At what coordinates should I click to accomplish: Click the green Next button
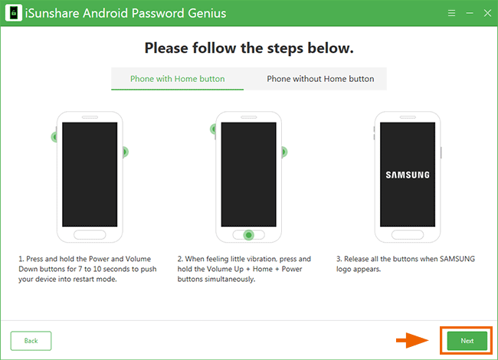point(467,341)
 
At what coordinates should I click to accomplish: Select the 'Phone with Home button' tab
point(177,79)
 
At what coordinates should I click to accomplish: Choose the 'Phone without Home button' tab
point(320,79)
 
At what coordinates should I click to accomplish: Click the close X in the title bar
point(487,13)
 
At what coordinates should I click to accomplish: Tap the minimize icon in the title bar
point(470,13)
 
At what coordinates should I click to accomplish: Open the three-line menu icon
point(451,13)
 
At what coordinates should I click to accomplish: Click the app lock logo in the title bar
point(14,13)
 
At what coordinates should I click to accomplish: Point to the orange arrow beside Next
point(412,340)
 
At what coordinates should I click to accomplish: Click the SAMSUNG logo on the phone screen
point(408,175)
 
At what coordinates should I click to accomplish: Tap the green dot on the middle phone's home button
point(249,235)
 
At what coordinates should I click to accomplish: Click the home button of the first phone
point(90,235)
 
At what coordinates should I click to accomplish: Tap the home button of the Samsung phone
point(408,235)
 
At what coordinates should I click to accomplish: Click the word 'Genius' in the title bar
point(207,13)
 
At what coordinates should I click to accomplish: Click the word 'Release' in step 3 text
point(356,259)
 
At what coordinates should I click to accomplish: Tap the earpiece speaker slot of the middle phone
point(249,117)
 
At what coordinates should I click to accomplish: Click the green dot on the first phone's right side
point(125,152)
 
